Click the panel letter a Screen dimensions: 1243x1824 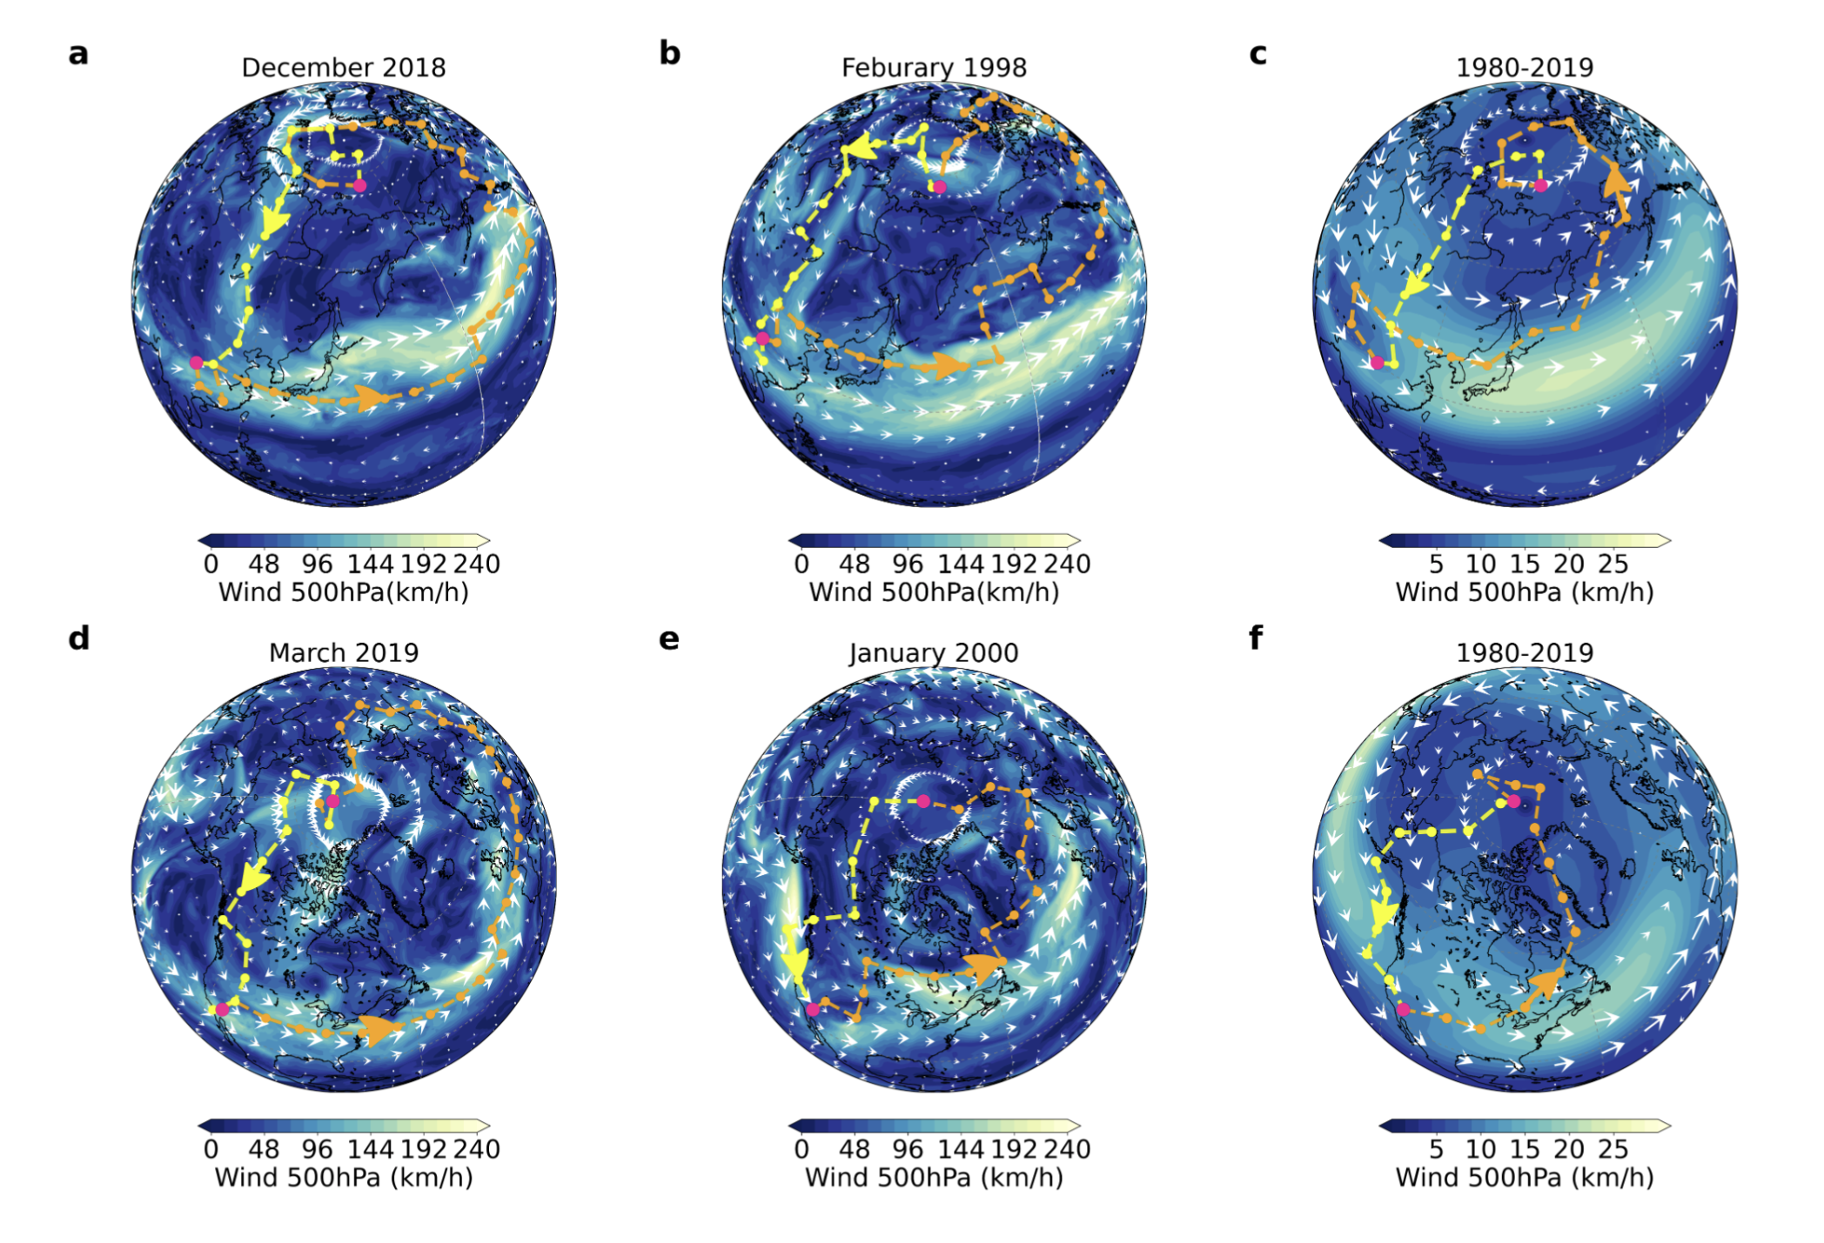coord(78,54)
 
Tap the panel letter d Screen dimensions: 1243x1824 coord(78,638)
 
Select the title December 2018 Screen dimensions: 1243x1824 coord(343,68)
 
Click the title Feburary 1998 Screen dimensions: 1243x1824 coord(934,68)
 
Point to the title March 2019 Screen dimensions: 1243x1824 coord(343,652)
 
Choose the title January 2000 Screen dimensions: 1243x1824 coord(934,652)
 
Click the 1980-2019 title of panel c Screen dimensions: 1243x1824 coord(1525,68)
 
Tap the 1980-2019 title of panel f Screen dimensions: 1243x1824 coord(1525,652)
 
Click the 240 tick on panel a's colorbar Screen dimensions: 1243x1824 coord(476,565)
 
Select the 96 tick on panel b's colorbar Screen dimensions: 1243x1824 coord(908,565)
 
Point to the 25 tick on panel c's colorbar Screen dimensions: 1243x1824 coord(1613,565)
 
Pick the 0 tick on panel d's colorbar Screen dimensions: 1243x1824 coord(211,1150)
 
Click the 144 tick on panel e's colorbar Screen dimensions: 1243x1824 coord(961,1150)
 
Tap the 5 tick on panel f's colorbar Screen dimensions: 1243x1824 coord(1436,1150)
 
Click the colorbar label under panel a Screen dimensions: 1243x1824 coord(343,593)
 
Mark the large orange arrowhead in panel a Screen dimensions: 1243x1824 coord(370,399)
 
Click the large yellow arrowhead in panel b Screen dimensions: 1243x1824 coord(860,149)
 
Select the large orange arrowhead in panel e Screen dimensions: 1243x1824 coord(985,967)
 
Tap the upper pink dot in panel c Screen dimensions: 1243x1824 coord(1541,185)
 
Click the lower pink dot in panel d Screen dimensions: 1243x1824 coord(222,1009)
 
